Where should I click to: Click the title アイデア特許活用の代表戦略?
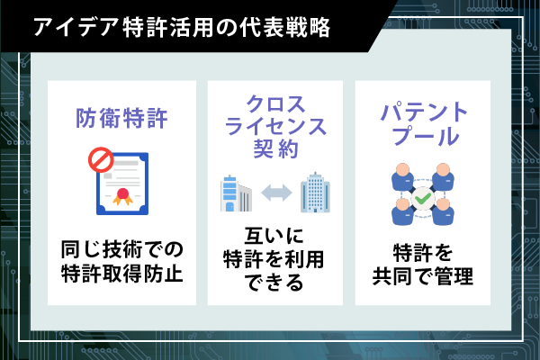(x=182, y=27)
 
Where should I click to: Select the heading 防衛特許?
(x=121, y=118)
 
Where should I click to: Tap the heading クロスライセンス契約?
(x=275, y=126)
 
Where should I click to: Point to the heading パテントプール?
(x=424, y=123)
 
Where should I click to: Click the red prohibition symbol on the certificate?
(x=101, y=160)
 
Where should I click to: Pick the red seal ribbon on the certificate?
(x=122, y=197)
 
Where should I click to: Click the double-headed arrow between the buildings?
(x=276, y=193)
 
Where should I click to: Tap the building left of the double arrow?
(x=236, y=193)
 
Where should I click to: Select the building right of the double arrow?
(x=315, y=193)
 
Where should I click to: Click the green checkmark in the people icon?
(x=423, y=198)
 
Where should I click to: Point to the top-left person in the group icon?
(x=402, y=176)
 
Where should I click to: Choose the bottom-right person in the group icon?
(x=443, y=211)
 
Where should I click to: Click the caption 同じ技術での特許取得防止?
(x=121, y=262)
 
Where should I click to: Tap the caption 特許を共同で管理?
(x=423, y=265)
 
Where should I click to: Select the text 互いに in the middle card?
(x=274, y=236)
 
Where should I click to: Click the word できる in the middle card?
(x=274, y=283)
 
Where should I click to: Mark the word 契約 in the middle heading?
(x=275, y=148)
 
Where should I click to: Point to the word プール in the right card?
(x=426, y=136)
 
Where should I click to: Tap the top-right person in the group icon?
(x=443, y=176)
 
